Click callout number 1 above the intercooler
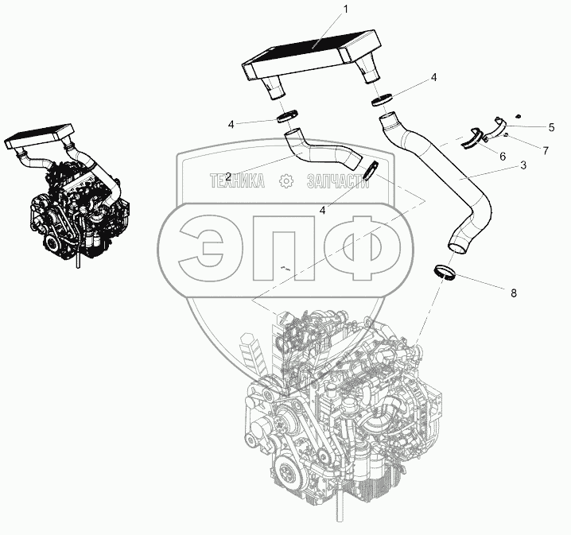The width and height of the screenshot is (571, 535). [x=346, y=10]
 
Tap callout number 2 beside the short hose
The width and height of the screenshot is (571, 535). [x=228, y=177]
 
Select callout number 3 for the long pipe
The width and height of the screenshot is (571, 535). [x=523, y=165]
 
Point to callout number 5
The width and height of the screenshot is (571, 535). [x=552, y=127]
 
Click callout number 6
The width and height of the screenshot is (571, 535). [x=503, y=156]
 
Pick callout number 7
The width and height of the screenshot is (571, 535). [x=545, y=151]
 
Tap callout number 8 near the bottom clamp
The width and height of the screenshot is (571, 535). [x=514, y=293]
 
